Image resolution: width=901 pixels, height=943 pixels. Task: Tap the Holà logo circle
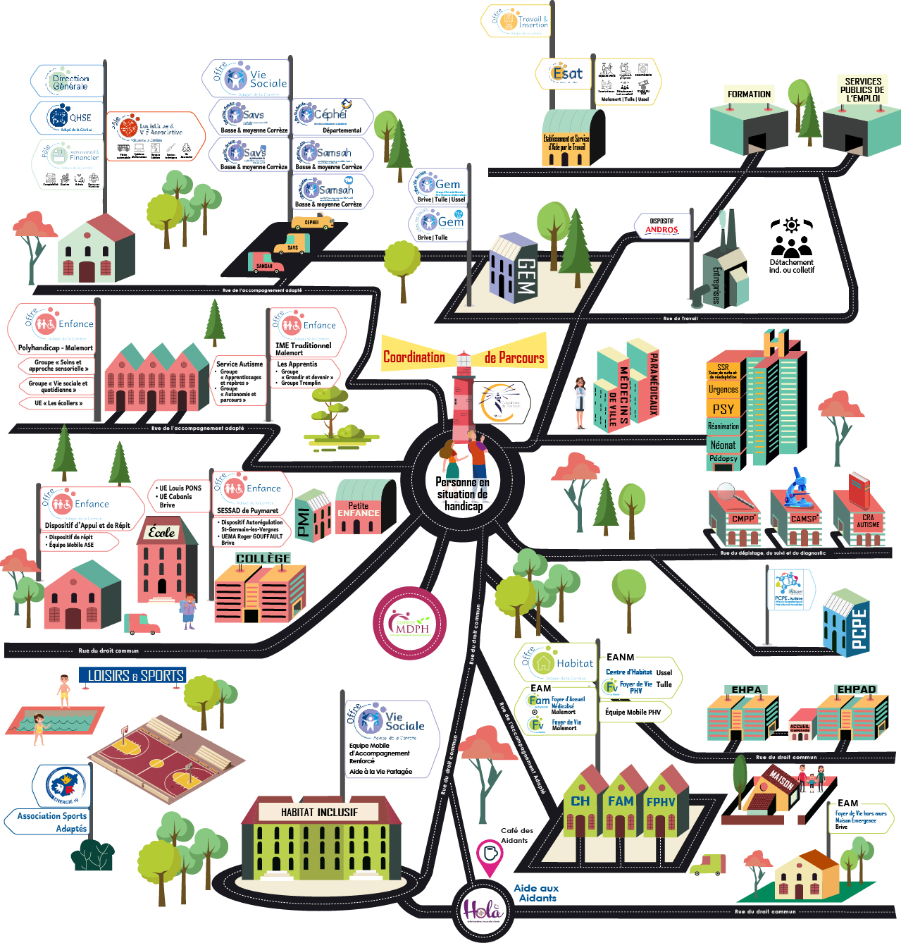tap(483, 911)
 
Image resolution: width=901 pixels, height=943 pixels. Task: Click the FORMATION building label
tap(749, 94)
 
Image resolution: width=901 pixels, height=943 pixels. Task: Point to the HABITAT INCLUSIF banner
tap(319, 813)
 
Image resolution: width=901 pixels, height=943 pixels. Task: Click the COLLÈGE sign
tap(263, 558)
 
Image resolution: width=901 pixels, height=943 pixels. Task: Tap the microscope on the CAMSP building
tap(798, 486)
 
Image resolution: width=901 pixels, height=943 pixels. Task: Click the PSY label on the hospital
tap(723, 409)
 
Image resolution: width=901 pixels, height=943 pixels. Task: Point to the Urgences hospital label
tap(723, 389)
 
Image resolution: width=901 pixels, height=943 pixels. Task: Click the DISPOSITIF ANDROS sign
tap(661, 226)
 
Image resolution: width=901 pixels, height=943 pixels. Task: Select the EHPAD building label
tap(856, 689)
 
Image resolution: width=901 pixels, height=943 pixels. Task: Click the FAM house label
tap(621, 801)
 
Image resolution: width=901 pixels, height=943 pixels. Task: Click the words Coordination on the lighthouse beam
tap(414, 357)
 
